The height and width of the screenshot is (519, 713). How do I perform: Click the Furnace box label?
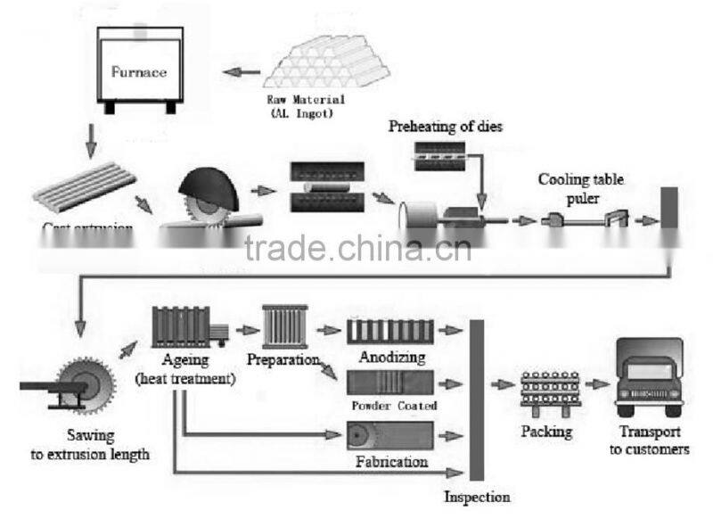(x=139, y=72)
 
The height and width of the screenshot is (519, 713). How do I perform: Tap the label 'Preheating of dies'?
(x=446, y=127)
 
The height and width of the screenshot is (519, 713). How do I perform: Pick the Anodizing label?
(x=390, y=358)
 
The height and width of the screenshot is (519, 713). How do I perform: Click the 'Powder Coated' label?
(x=395, y=406)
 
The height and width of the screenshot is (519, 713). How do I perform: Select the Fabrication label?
(x=391, y=462)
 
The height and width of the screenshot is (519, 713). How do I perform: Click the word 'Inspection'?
(x=477, y=497)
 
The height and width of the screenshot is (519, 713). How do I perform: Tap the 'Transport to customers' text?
(x=649, y=442)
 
